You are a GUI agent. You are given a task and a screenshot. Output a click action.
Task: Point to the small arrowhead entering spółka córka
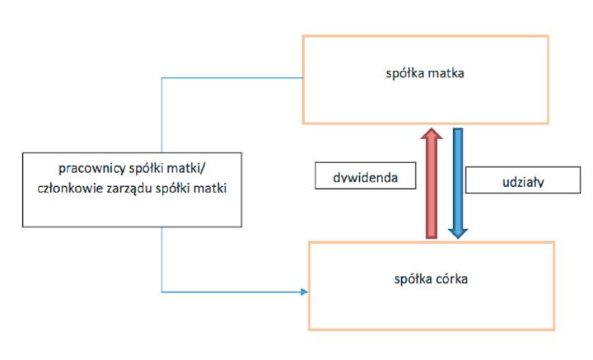click(306, 292)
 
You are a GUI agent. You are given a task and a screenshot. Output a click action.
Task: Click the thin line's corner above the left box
click(162, 78)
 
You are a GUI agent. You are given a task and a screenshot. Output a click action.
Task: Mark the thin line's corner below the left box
click(162, 292)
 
